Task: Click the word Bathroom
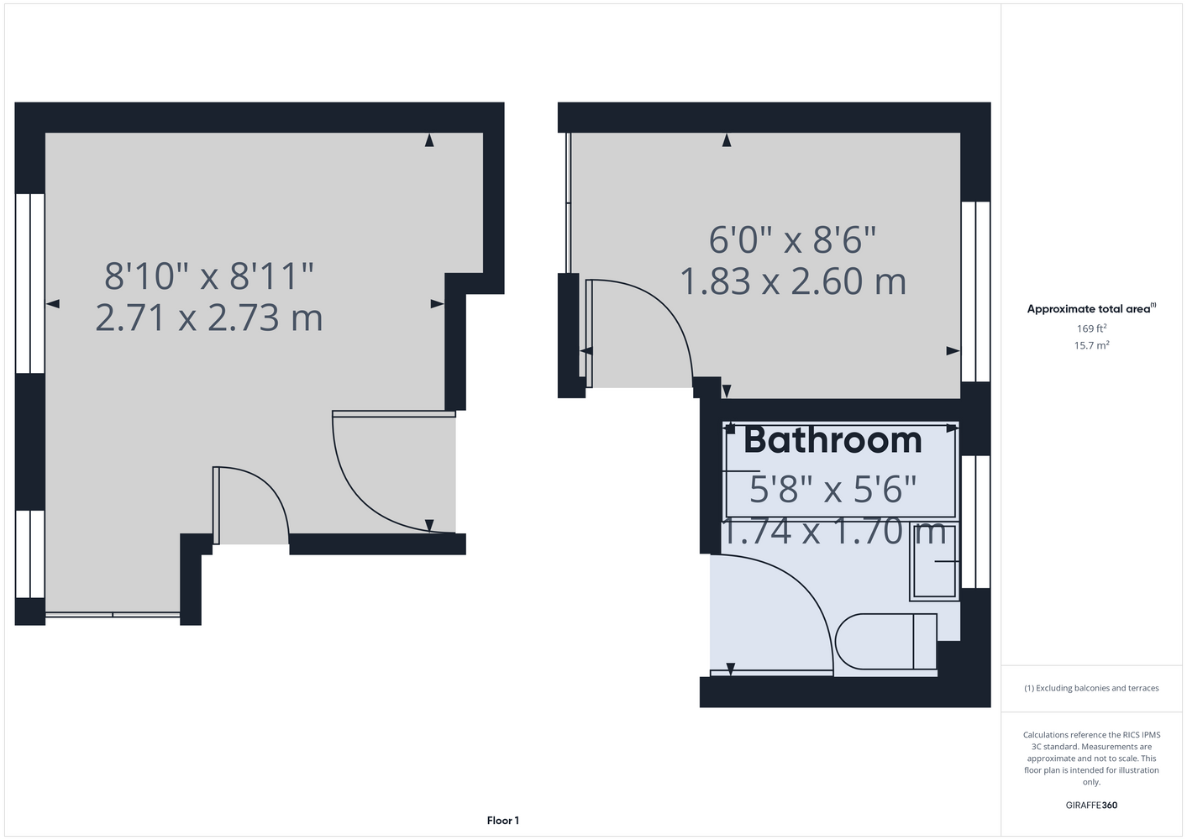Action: point(832,440)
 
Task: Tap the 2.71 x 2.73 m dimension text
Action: point(209,318)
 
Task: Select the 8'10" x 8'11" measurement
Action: point(209,276)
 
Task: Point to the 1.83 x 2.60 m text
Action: point(793,281)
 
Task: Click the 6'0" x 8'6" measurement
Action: point(793,239)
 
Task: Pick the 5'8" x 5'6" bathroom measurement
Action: point(832,489)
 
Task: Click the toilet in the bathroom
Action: point(886,641)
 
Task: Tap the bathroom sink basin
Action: point(934,561)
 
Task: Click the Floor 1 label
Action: point(503,821)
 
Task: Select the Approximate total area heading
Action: point(1091,309)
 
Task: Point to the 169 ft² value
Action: point(1091,328)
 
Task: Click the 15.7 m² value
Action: point(1091,345)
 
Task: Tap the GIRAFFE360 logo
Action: point(1091,805)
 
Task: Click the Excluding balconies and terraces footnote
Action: point(1091,688)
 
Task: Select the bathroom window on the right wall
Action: point(975,522)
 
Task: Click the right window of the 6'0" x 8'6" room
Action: point(975,291)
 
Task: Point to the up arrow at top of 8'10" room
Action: point(429,140)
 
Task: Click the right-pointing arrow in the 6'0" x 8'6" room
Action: point(953,351)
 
